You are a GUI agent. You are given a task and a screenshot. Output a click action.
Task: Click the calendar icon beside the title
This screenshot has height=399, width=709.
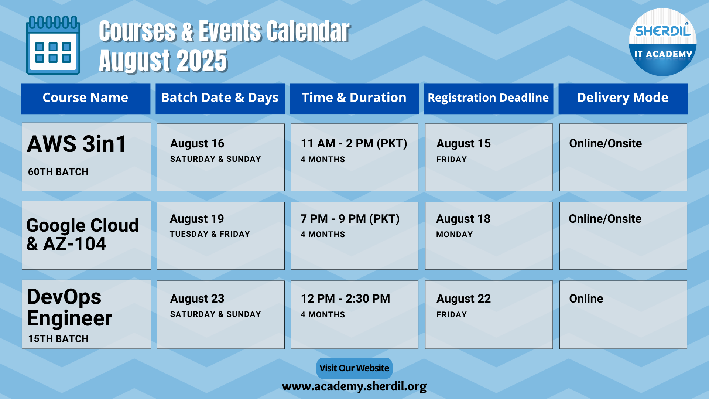pos(53,45)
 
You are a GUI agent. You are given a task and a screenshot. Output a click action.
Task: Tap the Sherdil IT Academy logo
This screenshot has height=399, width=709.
pos(662,42)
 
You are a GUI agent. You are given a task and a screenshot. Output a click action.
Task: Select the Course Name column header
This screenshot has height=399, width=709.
pos(85,98)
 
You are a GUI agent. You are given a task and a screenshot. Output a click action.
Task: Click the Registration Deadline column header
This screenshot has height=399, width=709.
pos(488,98)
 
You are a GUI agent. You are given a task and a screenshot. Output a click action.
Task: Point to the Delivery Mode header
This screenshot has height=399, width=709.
pos(623,98)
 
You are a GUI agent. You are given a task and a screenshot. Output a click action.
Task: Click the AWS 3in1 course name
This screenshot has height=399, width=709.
pos(77,144)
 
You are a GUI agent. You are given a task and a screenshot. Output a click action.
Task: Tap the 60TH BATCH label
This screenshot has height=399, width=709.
pos(58,172)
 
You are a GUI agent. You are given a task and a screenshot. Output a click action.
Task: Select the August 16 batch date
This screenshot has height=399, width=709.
pos(197,144)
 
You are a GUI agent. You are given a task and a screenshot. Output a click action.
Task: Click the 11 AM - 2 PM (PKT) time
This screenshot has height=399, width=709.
pos(354,143)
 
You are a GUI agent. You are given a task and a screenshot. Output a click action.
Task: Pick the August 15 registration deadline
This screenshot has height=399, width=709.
pos(463,144)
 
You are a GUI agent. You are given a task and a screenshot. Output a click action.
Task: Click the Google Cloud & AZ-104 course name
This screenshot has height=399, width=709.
pos(82,235)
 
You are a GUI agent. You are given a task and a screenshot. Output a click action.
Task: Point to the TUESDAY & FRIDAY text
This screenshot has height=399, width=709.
pos(210,234)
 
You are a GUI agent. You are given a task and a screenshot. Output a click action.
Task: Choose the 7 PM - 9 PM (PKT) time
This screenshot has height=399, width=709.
pos(350,219)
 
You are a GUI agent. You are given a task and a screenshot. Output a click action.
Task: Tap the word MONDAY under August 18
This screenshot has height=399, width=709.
pos(455,235)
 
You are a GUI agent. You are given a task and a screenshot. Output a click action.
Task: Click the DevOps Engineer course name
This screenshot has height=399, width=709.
pos(69,308)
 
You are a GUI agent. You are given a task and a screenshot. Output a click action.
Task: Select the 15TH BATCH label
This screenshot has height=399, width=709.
pos(58,339)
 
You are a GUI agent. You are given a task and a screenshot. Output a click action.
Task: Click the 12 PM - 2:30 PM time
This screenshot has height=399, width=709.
pos(345,299)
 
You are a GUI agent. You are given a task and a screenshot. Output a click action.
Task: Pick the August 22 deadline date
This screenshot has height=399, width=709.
pos(463,299)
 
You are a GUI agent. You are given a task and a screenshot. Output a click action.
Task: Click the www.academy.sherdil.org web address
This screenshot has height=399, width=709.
pos(354,386)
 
